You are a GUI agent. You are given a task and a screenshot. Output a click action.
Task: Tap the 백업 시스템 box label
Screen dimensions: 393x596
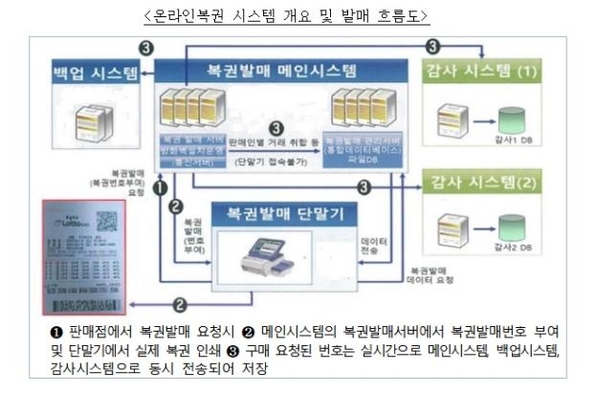pos(96,73)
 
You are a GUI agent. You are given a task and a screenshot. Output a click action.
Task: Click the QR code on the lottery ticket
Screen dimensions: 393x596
pos(106,218)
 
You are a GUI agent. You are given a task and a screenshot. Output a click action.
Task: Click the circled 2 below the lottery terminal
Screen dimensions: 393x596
pos(179,305)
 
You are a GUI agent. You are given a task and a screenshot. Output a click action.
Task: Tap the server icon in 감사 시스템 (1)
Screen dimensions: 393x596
pos(454,120)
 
